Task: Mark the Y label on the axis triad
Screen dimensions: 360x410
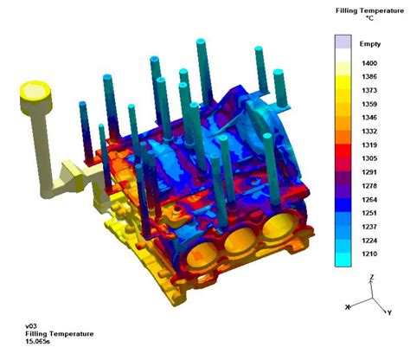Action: pyautogui.click(x=391, y=313)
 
